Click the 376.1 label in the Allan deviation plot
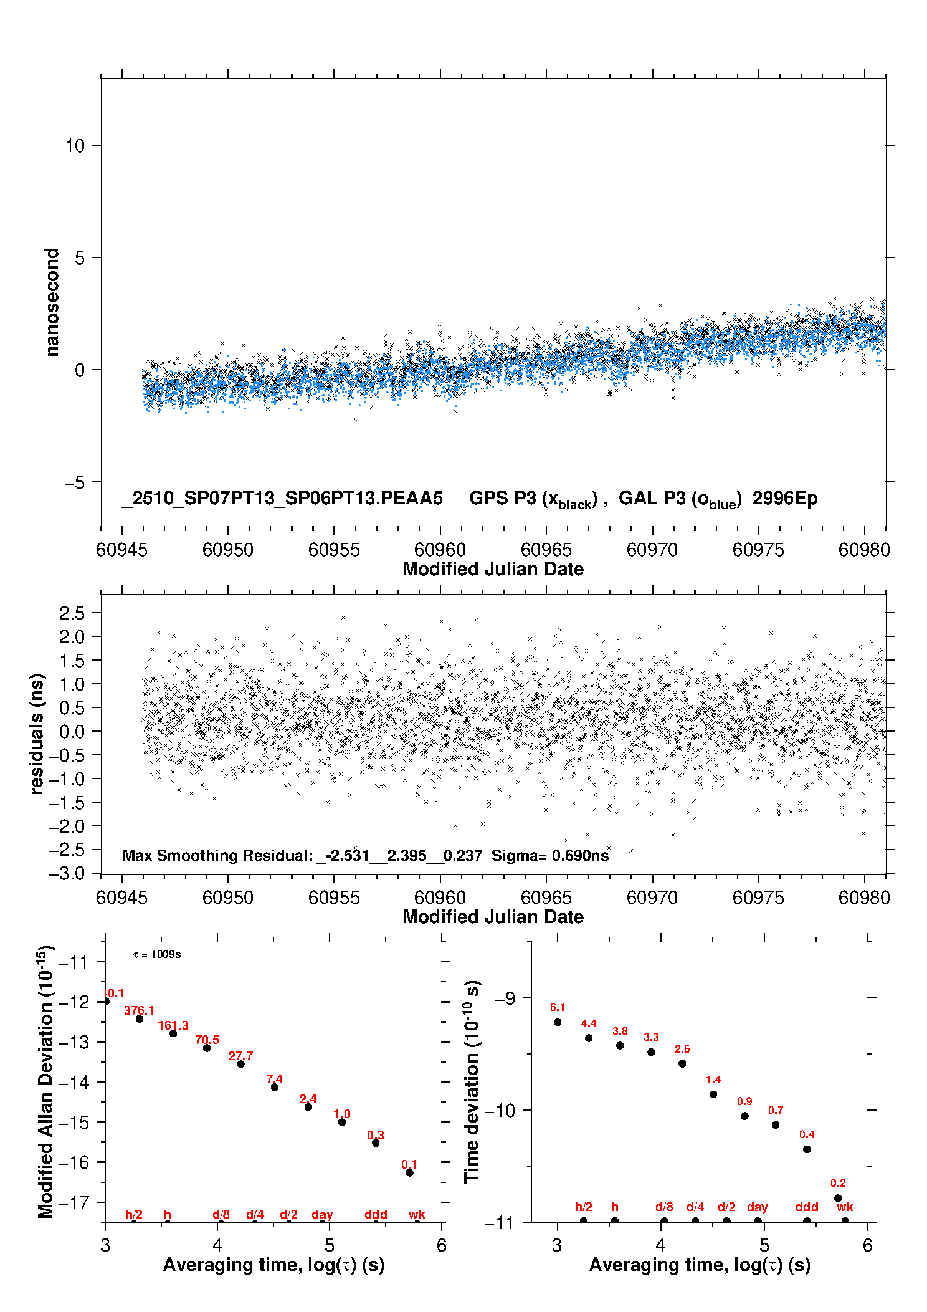139,1010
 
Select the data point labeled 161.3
173,1033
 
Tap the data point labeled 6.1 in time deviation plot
558,1022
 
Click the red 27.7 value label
240,1056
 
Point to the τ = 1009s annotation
157,954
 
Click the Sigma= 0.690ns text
549,855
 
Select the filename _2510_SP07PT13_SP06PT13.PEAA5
282,498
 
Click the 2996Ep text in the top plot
784,498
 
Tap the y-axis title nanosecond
52,302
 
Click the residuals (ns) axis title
37,734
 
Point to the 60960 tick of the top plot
440,550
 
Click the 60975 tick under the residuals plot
758,898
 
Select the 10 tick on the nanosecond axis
75,146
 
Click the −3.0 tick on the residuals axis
67,873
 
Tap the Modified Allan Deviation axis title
45,1081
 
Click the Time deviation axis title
472,1081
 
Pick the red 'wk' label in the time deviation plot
845,1207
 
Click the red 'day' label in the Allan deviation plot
322,1214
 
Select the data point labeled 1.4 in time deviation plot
713,1094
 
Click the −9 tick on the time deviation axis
505,998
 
